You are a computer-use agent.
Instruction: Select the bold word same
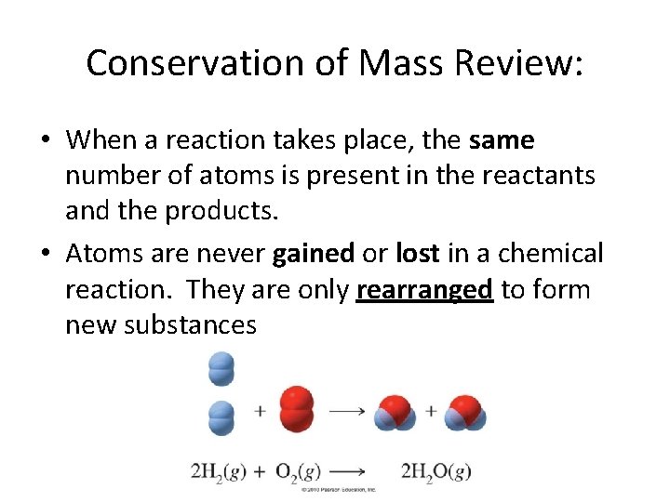pyautogui.click(x=502, y=140)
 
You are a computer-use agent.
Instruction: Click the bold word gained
pyautogui.click(x=314, y=253)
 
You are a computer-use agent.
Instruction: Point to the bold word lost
pyautogui.click(x=417, y=253)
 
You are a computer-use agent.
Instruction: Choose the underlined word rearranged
pyautogui.click(x=424, y=290)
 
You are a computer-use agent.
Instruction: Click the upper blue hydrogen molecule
pyautogui.click(x=221, y=368)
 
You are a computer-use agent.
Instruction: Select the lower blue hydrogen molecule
pyautogui.click(x=221, y=416)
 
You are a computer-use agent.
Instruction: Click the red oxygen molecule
pyautogui.click(x=296, y=410)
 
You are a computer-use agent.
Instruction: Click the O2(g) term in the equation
pyautogui.click(x=299, y=471)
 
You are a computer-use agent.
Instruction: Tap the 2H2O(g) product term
pyautogui.click(x=435, y=471)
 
